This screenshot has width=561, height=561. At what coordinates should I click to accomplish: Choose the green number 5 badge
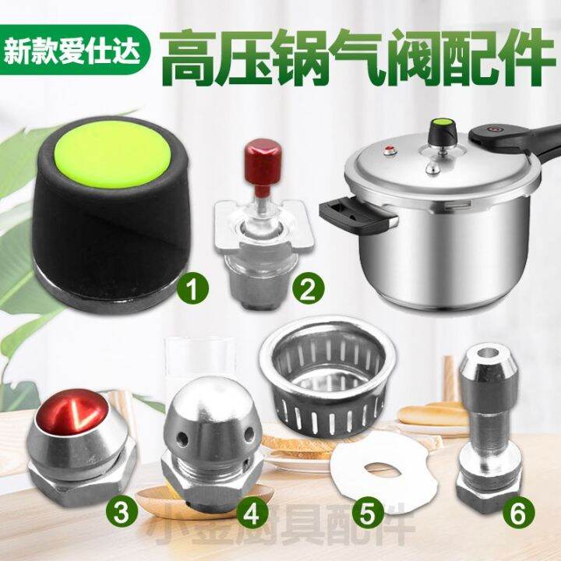pos(368,513)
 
